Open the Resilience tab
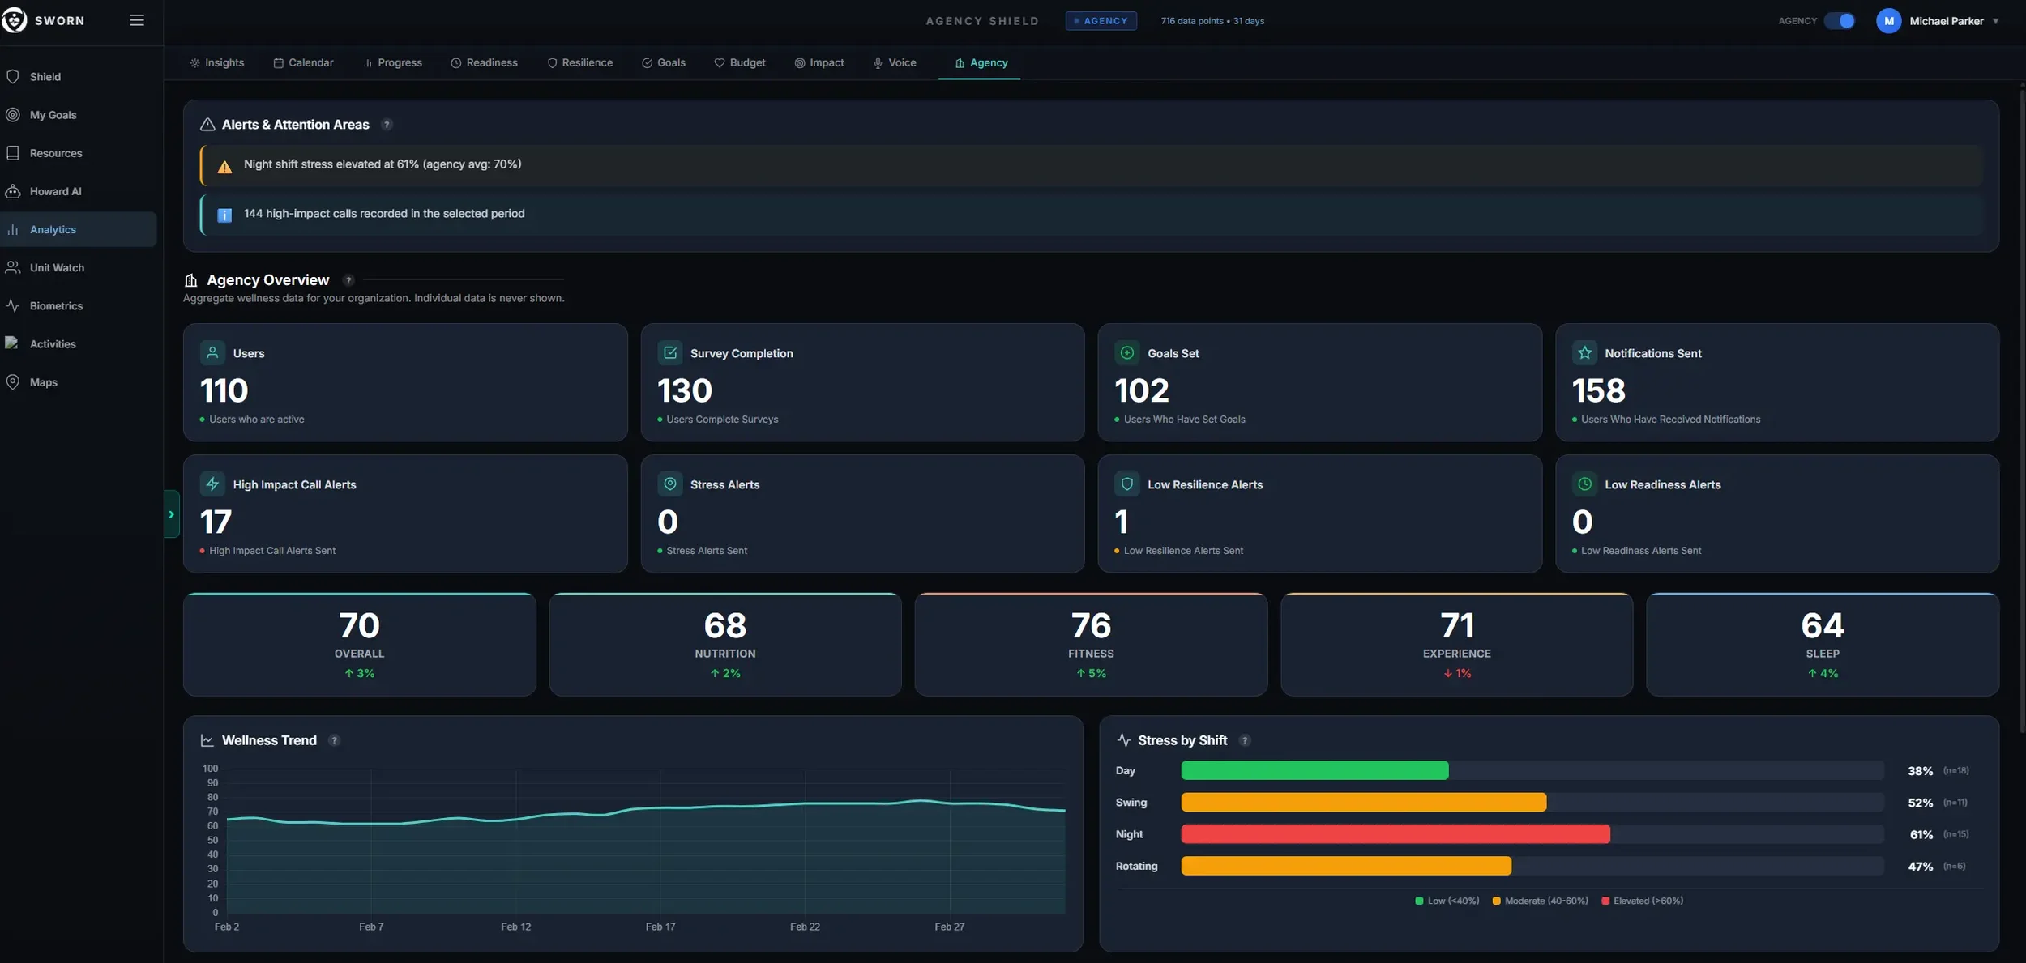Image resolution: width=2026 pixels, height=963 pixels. click(580, 62)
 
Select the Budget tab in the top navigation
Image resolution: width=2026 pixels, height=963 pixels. click(739, 62)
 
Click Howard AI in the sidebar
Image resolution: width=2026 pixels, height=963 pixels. click(55, 191)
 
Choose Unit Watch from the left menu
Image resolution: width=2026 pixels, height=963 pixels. click(57, 267)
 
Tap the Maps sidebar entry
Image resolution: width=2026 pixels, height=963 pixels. click(43, 382)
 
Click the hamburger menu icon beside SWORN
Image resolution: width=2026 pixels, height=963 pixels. click(137, 20)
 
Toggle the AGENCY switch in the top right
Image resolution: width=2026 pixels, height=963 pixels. click(1840, 21)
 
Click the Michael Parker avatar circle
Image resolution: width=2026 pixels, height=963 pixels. click(1889, 21)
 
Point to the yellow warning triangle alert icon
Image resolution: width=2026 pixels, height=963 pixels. click(224, 166)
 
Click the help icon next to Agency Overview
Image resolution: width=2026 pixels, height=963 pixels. click(348, 280)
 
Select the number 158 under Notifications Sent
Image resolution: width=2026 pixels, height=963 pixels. click(1598, 391)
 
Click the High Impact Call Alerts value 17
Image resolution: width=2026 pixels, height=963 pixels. click(216, 522)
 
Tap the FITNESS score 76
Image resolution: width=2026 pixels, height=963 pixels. click(1091, 625)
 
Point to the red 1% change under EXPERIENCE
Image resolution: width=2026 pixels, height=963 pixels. click(1457, 673)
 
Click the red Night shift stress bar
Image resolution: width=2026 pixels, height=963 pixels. click(1396, 834)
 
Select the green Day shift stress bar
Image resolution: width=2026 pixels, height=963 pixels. click(1314, 770)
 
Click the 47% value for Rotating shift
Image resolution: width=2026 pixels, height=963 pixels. click(1920, 866)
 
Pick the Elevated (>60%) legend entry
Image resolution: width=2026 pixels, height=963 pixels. click(1643, 901)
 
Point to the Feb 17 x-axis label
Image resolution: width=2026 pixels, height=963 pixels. click(660, 927)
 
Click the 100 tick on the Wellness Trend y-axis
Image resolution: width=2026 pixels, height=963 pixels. click(211, 769)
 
